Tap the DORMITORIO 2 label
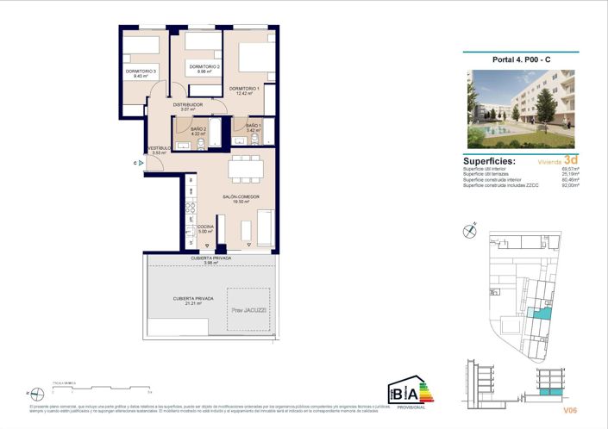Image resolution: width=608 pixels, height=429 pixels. click(x=204, y=66)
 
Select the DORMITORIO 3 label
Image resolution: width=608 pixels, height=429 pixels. click(x=140, y=71)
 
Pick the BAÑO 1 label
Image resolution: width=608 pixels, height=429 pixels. click(x=253, y=126)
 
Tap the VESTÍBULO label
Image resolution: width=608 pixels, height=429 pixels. click(x=159, y=147)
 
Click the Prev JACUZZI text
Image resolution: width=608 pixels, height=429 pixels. click(x=248, y=309)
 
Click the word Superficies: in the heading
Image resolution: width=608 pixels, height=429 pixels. click(x=489, y=161)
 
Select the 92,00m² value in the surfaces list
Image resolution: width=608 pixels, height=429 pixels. click(x=571, y=185)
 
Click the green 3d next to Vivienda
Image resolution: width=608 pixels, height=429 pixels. click(x=570, y=159)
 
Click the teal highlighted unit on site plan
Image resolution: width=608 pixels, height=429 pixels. click(x=540, y=315)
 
